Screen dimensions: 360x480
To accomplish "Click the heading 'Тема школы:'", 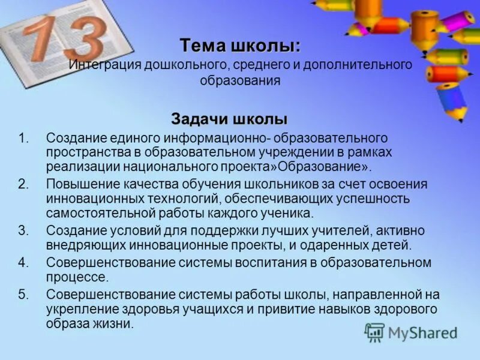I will click(241, 46).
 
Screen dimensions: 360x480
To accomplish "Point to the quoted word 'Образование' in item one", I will click(328, 167).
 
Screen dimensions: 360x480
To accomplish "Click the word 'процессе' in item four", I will click(77, 277).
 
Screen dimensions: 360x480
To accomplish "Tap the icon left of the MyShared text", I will click(375, 332).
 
